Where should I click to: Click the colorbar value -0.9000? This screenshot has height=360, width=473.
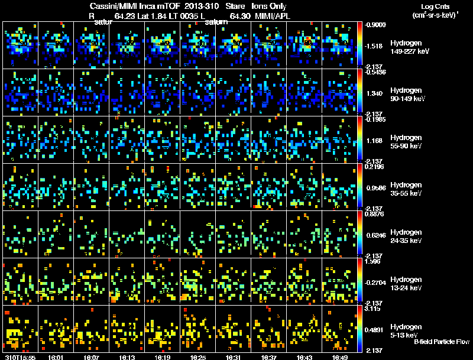point(376,25)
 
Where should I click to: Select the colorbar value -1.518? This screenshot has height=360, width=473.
point(376,45)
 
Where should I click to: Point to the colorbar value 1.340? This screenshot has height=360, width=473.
point(376,93)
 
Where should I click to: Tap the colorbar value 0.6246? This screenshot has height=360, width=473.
point(376,234)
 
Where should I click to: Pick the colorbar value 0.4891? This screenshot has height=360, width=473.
point(376,329)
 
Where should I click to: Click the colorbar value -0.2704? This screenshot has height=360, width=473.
point(376,281)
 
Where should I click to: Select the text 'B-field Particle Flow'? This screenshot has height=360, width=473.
point(442,342)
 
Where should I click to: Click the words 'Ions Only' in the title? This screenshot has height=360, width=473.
point(269,5)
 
